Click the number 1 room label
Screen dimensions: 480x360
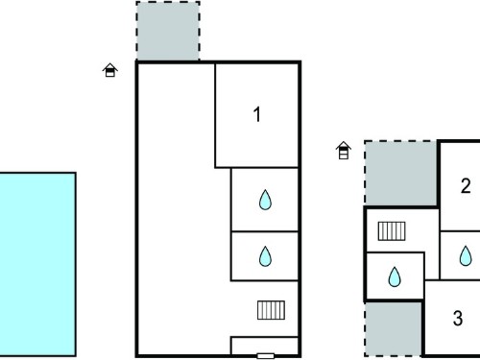[257, 114]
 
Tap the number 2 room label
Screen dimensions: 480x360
[466, 185]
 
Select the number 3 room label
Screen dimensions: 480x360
[458, 318]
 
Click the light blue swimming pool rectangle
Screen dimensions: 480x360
[37, 264]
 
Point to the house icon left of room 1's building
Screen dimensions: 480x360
[110, 70]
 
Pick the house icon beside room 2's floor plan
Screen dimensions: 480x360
[344, 150]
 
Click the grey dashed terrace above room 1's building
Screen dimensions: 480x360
[168, 31]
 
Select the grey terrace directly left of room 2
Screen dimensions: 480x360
[400, 173]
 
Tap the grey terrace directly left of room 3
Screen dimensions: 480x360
[394, 328]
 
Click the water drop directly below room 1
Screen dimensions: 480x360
[265, 200]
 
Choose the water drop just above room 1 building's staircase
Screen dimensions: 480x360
[265, 256]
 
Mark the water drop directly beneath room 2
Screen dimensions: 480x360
[466, 255]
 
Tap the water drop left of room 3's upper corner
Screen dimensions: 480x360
[395, 276]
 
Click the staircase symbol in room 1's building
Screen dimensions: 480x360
[271, 310]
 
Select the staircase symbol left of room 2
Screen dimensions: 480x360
[392, 231]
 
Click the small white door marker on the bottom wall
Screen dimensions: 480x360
[266, 356]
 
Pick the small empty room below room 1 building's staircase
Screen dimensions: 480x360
[264, 346]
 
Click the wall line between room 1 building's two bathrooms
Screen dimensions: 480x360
[265, 231]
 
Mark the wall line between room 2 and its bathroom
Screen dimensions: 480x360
[460, 230]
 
